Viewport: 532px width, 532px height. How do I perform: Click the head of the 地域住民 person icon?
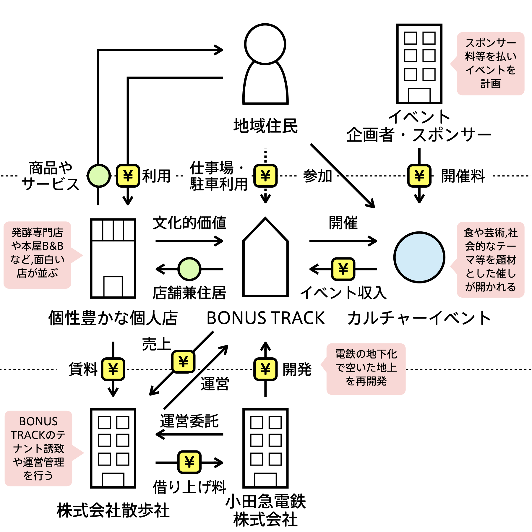pos(265,44)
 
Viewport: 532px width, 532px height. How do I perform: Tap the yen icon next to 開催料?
pos(419,176)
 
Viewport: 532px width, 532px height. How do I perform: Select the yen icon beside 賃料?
pos(113,369)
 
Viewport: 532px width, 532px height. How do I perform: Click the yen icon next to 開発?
pos(265,369)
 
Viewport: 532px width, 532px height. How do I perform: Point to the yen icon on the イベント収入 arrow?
pos(343,269)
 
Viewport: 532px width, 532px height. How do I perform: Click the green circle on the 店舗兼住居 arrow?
pos(189,269)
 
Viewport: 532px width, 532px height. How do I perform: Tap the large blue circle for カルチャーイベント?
pos(419,257)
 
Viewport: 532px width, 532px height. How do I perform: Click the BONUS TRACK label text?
pos(265,318)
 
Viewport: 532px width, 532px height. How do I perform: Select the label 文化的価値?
pos(189,223)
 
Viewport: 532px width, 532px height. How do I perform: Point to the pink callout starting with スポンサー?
pos(491,64)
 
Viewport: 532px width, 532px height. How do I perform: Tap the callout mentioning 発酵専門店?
pos(38,255)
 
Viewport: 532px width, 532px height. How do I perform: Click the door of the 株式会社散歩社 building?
pos(113,479)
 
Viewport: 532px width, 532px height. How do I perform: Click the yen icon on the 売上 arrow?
pos(183,361)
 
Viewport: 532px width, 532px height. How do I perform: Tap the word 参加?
pos(317,176)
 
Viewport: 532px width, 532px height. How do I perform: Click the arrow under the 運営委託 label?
pos(189,434)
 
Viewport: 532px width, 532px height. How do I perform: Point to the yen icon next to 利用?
pos(128,176)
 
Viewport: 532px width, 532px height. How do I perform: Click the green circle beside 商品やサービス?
pos(99,176)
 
